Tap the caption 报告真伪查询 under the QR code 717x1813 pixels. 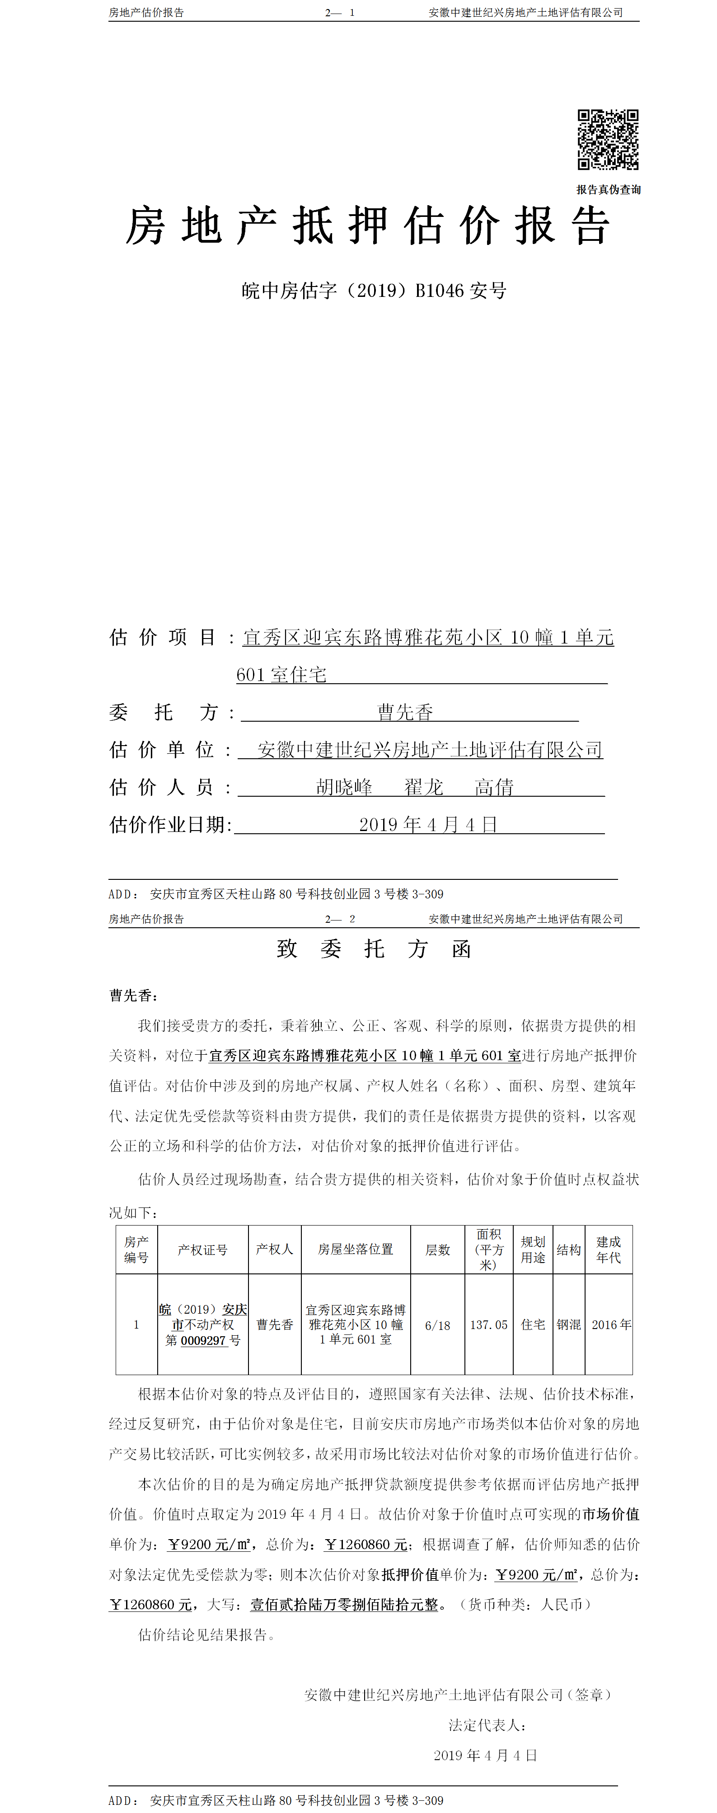[x=608, y=189]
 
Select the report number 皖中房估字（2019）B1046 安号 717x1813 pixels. [x=374, y=291]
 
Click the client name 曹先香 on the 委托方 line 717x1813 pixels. [x=405, y=712]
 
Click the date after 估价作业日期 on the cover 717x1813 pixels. [x=428, y=824]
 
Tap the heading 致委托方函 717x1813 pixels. [x=374, y=949]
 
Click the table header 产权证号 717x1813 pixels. [x=203, y=1250]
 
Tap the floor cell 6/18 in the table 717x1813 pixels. [x=437, y=1325]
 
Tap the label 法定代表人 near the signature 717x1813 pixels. [x=487, y=1725]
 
